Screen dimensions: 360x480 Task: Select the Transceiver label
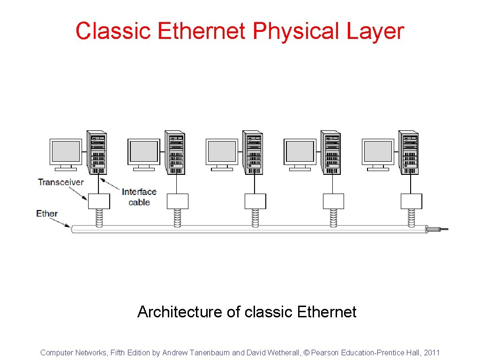point(61,182)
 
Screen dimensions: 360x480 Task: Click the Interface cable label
point(139,197)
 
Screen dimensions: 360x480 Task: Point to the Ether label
point(47,214)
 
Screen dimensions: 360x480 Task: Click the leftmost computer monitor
point(66,153)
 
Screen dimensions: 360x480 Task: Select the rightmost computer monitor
point(378,153)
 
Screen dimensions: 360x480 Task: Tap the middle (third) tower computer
point(252,152)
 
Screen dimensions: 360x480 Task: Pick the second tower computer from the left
point(174,152)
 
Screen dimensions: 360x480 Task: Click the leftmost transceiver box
point(99,201)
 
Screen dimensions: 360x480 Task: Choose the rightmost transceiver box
point(411,201)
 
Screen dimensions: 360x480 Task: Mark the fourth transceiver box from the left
point(333,201)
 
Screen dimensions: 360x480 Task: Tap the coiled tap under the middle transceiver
point(255,217)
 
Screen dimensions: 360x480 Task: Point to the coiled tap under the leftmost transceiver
point(99,217)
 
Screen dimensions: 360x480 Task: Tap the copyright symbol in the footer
point(307,352)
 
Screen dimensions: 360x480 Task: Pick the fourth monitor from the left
point(300,153)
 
